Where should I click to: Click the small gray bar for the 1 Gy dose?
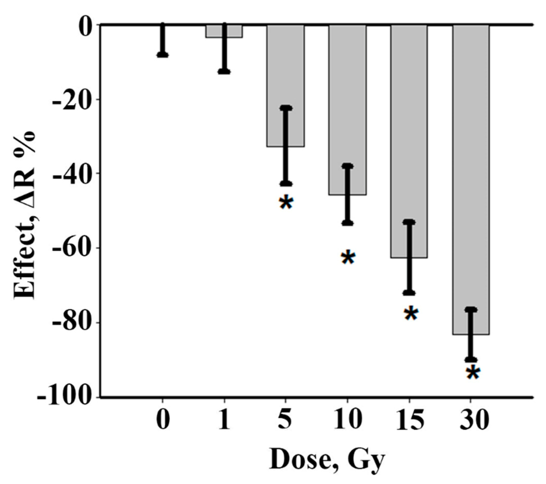tap(214, 31)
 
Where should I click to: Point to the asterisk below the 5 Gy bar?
tap(286, 203)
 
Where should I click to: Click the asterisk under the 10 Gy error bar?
tap(348, 258)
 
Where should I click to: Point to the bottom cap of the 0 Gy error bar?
tap(163, 55)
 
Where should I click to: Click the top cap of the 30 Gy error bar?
tap(471, 310)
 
